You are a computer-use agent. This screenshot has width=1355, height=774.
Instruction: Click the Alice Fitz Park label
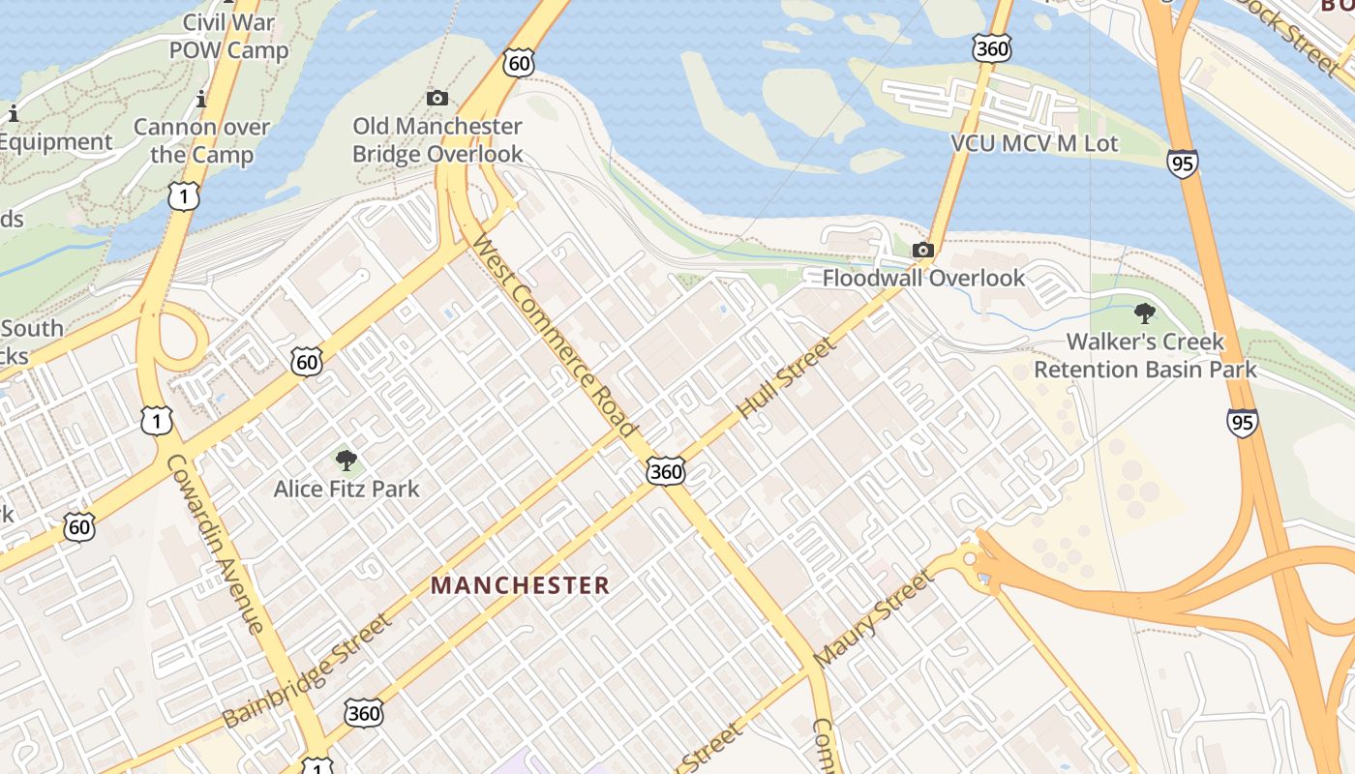pyautogui.click(x=346, y=489)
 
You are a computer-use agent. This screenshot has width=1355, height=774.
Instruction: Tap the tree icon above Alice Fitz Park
pyautogui.click(x=346, y=461)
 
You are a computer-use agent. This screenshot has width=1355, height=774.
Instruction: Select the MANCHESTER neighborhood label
pyautogui.click(x=520, y=585)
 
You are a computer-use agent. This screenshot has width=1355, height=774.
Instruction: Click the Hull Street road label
pyautogui.click(x=785, y=377)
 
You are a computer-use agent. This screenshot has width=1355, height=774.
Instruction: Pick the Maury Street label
pyautogui.click(x=873, y=618)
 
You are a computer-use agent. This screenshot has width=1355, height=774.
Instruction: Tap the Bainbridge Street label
pyautogui.click(x=307, y=670)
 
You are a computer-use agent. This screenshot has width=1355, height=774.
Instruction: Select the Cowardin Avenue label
pyautogui.click(x=215, y=543)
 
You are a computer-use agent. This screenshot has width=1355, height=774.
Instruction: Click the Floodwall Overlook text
pyautogui.click(x=923, y=279)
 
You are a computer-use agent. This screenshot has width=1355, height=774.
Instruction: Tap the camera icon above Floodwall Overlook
pyautogui.click(x=923, y=251)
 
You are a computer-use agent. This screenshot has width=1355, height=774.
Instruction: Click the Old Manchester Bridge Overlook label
pyautogui.click(x=437, y=140)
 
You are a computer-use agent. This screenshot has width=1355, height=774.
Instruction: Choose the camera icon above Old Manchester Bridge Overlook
pyautogui.click(x=437, y=98)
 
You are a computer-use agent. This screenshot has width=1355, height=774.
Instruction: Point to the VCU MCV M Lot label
pyautogui.click(x=1035, y=144)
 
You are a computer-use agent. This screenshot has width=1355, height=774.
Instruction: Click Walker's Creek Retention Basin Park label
pyautogui.click(x=1145, y=355)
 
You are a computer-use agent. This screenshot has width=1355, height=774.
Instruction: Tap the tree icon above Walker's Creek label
pyautogui.click(x=1145, y=313)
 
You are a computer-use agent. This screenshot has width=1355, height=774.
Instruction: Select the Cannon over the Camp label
pyautogui.click(x=201, y=141)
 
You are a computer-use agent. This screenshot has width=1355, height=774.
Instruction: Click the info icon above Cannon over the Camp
pyautogui.click(x=201, y=98)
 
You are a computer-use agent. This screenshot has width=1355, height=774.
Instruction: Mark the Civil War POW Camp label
pyautogui.click(x=229, y=37)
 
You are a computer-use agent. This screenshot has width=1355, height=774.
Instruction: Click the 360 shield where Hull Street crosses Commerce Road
pyautogui.click(x=666, y=471)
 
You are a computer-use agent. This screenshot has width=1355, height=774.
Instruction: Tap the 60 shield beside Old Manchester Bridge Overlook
pyautogui.click(x=518, y=64)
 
